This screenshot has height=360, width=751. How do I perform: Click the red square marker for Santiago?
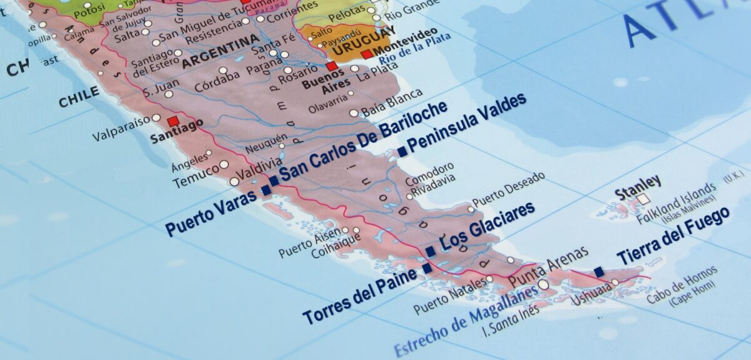pyautogui.click(x=173, y=120)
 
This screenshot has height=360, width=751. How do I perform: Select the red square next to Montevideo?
pyautogui.click(x=366, y=54)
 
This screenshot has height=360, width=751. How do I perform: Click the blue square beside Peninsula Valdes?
pyautogui.click(x=402, y=151)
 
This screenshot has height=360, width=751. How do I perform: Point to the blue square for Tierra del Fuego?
pyautogui.click(x=599, y=272)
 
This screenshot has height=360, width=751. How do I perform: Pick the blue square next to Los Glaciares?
pyautogui.click(x=431, y=252)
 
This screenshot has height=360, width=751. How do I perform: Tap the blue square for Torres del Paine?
pyautogui.click(x=427, y=269)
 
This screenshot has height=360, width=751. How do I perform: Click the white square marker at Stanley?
pyautogui.click(x=642, y=200)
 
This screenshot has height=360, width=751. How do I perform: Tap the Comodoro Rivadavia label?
pyautogui.click(x=429, y=175)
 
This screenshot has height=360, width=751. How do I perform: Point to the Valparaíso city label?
pyautogui.click(x=121, y=127)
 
